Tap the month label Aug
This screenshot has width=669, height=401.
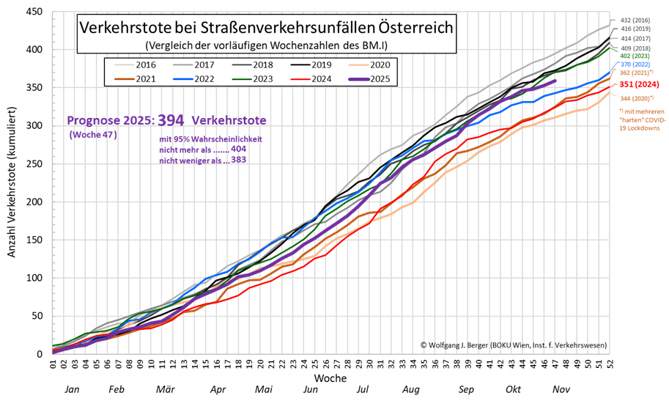pos(410,389)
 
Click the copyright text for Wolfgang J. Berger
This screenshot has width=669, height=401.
pos(513,345)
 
